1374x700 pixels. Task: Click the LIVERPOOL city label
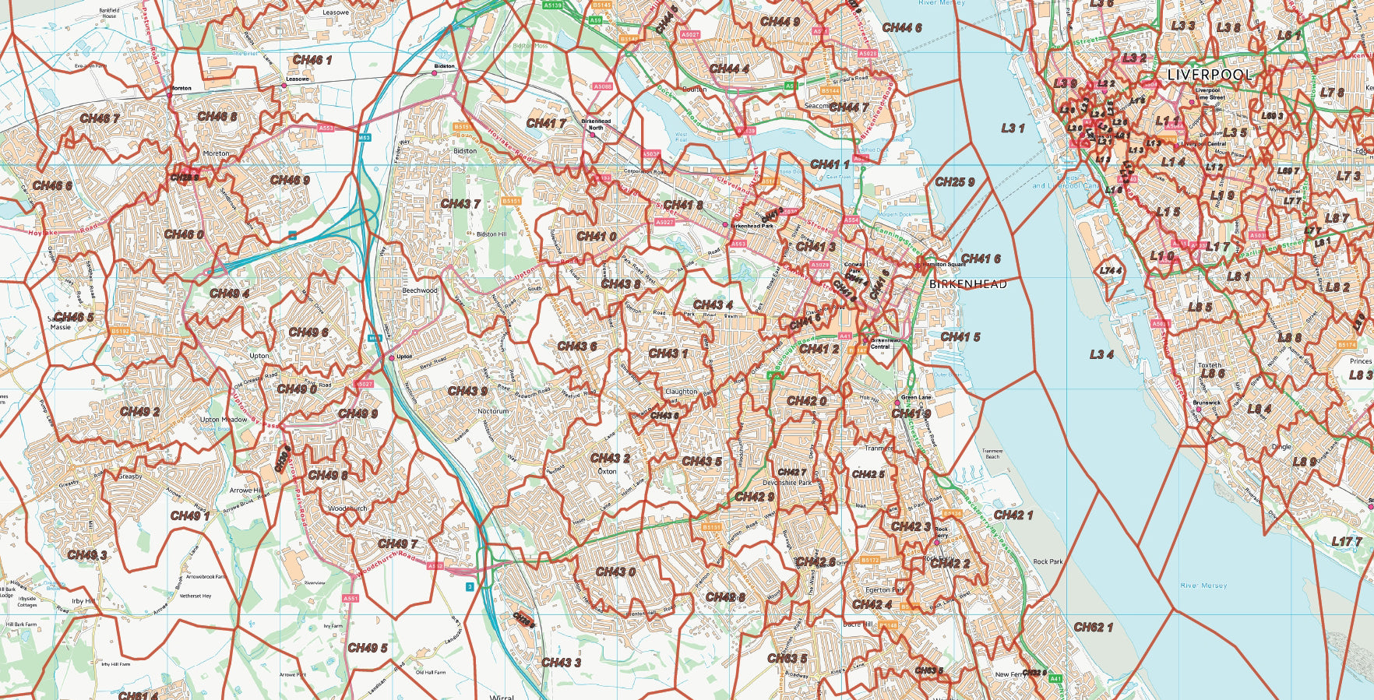coord(1210,76)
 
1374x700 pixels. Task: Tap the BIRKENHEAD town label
coord(967,284)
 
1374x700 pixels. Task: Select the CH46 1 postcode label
coord(312,60)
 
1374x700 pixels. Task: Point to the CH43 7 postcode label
coord(460,204)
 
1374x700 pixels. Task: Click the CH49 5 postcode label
coord(367,648)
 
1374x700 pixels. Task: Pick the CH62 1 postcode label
coord(1093,627)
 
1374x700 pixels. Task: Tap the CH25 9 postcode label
coord(954,182)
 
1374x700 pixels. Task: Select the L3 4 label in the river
coord(1101,354)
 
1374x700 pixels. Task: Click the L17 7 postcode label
coord(1346,541)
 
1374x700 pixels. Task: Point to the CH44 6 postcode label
coord(901,28)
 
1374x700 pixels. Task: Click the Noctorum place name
coord(492,411)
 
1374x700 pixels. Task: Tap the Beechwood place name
coord(419,290)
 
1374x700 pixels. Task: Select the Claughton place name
coord(681,392)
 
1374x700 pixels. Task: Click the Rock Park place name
coord(1047,561)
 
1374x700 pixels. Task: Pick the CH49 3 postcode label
coord(87,555)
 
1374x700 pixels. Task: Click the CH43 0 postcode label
coord(615,572)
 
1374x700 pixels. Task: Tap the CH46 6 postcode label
coord(52,186)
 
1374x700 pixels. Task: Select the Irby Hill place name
coord(83,601)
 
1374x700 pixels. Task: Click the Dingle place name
coord(1281,447)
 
